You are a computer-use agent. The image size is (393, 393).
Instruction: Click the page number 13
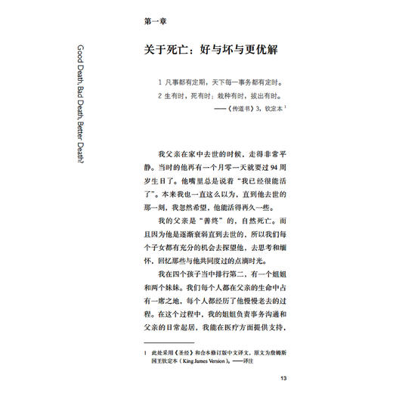click(x=283, y=379)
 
